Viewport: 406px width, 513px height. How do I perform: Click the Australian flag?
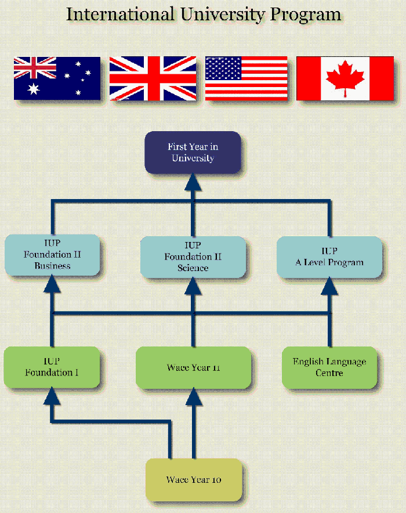tap(57, 78)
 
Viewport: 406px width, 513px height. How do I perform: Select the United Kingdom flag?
tap(153, 78)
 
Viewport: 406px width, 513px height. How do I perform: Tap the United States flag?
tap(246, 78)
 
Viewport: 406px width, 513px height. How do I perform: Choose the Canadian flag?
tap(345, 78)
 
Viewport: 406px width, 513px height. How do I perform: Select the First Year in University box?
tap(193, 152)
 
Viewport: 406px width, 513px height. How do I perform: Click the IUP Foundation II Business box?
tap(52, 255)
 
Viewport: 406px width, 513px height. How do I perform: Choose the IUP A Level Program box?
tap(329, 256)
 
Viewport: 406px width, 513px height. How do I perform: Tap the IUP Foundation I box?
tap(52, 367)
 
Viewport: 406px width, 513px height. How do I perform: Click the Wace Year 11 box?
tap(193, 367)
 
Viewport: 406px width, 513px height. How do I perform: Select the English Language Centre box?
tap(329, 367)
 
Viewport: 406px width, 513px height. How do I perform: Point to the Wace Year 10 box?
tap(193, 480)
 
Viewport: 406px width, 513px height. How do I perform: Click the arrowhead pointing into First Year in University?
tap(193, 182)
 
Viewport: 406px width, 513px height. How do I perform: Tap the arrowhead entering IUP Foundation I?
tap(52, 396)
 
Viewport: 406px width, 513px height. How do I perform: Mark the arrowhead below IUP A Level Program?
tap(329, 284)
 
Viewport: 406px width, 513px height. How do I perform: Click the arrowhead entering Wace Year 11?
tap(193, 397)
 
